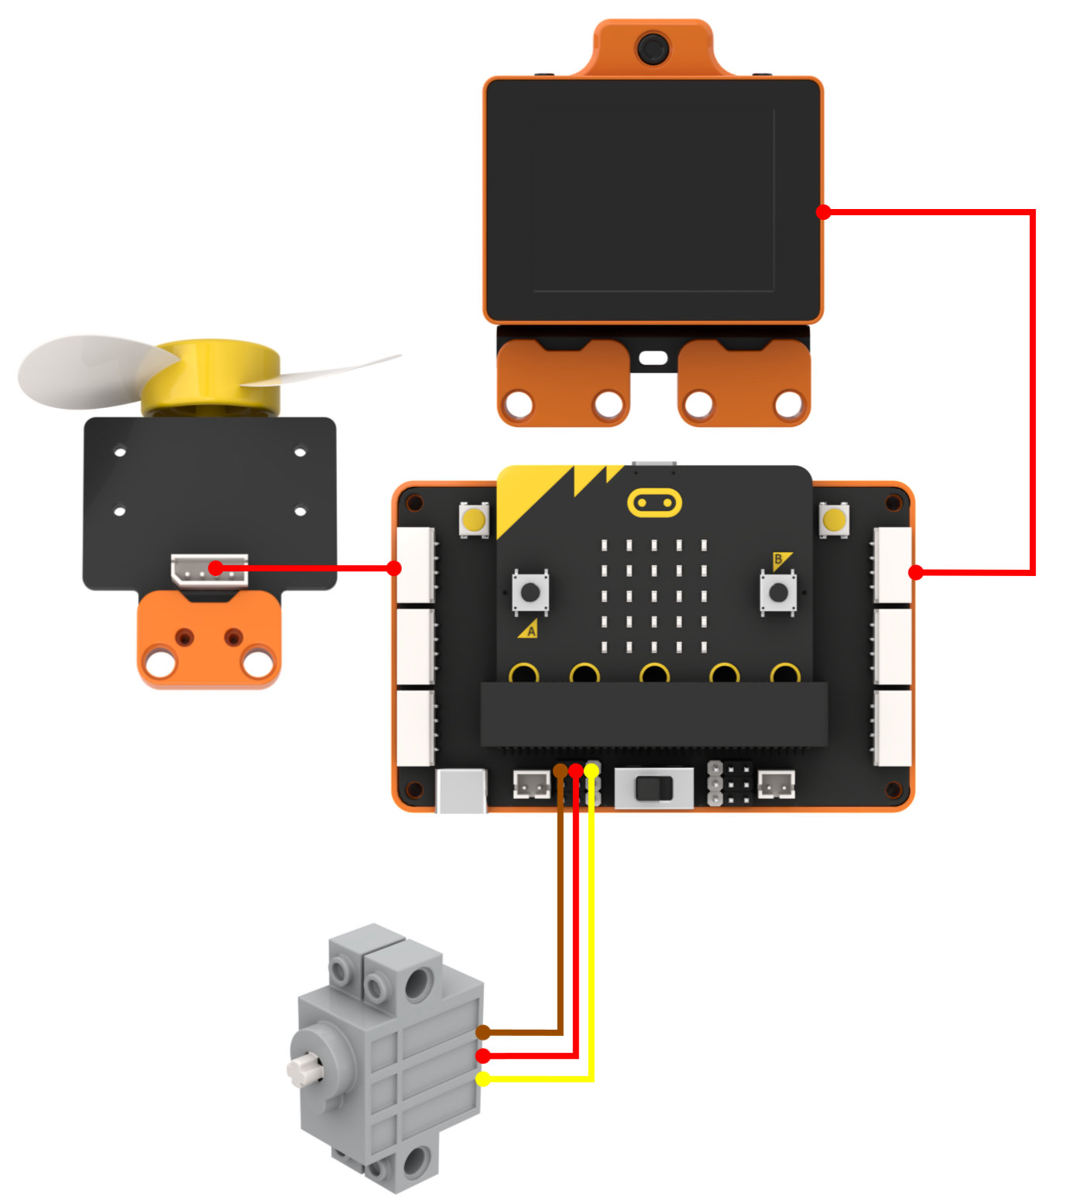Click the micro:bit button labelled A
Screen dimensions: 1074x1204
pyautogui.click(x=530, y=593)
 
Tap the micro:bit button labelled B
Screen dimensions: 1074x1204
pyautogui.click(x=778, y=593)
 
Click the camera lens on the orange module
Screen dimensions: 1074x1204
pyautogui.click(x=654, y=48)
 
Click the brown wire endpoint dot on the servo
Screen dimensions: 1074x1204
pyautogui.click(x=483, y=1032)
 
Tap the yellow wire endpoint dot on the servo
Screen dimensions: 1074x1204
pyautogui.click(x=483, y=1079)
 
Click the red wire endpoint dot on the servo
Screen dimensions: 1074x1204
pyautogui.click(x=483, y=1055)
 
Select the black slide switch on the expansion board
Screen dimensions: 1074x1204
pyautogui.click(x=654, y=789)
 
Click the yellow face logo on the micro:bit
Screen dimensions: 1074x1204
pyautogui.click(x=654, y=504)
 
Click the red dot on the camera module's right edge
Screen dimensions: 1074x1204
pyautogui.click(x=824, y=211)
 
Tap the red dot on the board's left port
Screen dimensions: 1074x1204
pyautogui.click(x=394, y=568)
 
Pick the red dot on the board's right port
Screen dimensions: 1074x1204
pyautogui.click(x=916, y=573)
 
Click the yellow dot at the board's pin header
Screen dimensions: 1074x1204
pyautogui.click(x=592, y=770)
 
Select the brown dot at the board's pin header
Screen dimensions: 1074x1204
pyautogui.click(x=561, y=770)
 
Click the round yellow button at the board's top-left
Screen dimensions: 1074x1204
pyautogui.click(x=474, y=520)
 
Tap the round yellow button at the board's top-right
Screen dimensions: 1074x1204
pyautogui.click(x=834, y=520)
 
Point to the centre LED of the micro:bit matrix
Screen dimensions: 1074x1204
pyautogui.click(x=654, y=595)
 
